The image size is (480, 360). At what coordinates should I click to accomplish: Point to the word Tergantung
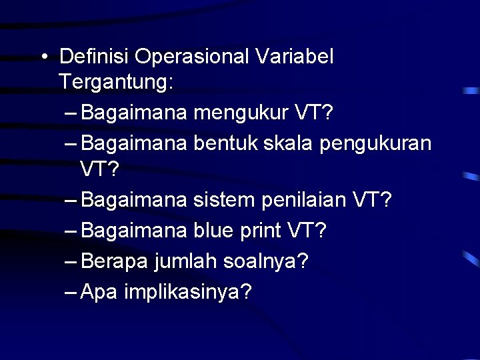point(114,84)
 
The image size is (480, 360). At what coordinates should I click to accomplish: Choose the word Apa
point(99,291)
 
